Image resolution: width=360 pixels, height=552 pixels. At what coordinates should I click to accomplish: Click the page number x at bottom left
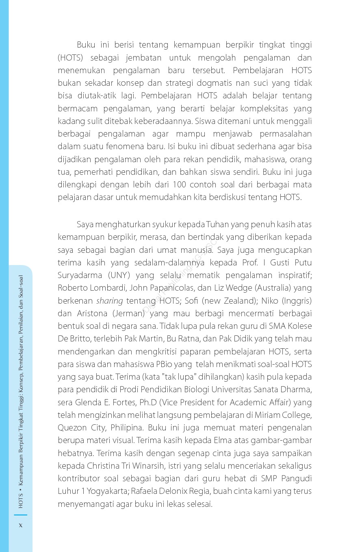click(20, 525)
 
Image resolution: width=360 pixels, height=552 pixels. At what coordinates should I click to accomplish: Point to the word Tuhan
click(217, 224)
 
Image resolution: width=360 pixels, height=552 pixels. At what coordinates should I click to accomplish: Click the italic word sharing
click(109, 301)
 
